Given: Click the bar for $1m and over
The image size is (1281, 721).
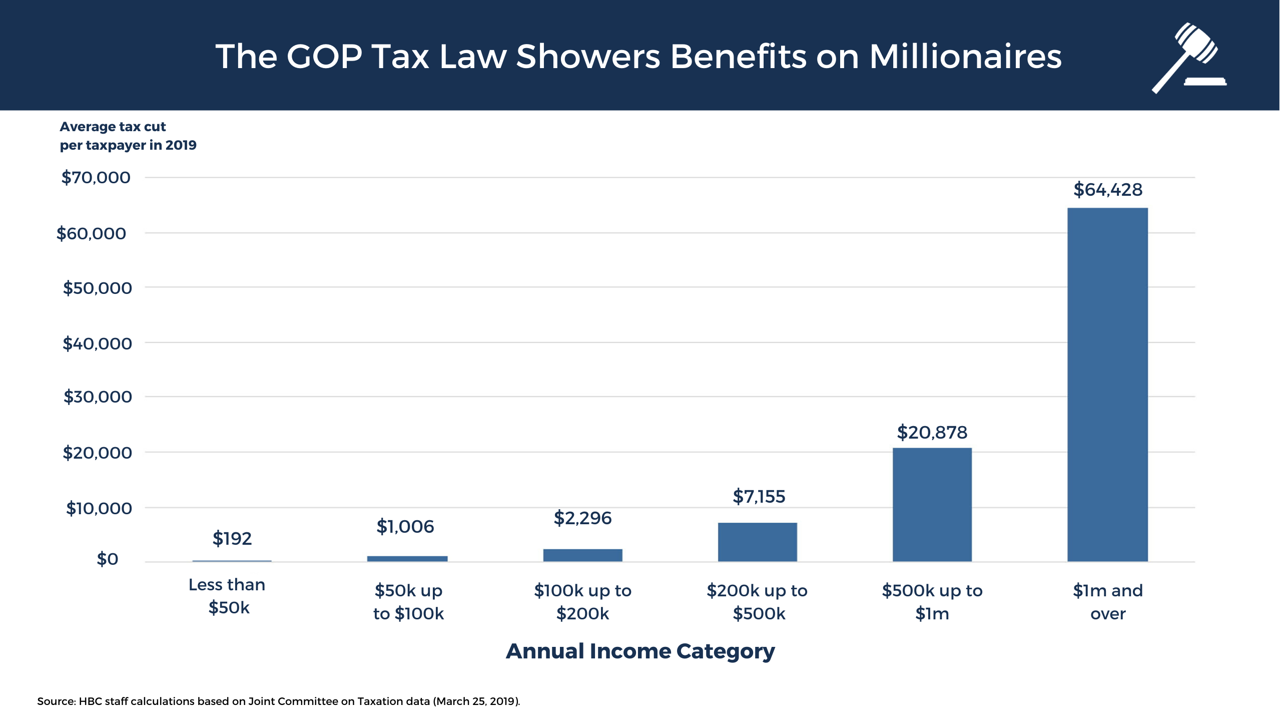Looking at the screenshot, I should (1107, 385).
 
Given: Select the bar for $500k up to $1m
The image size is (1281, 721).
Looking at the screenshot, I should (932, 505).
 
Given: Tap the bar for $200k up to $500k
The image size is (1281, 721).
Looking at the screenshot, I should (757, 542).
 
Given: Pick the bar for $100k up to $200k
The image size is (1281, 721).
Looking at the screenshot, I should (582, 555).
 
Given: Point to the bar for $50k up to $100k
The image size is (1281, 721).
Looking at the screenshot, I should (407, 559).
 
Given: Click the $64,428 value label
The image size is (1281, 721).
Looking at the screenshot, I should (1108, 190).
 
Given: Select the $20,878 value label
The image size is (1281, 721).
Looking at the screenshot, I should (932, 432).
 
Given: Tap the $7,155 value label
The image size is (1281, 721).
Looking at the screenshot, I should (759, 496).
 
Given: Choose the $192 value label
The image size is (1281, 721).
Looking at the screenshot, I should (232, 538).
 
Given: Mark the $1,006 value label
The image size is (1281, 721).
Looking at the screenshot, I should (405, 526).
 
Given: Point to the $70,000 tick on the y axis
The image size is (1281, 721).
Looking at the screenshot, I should (96, 177).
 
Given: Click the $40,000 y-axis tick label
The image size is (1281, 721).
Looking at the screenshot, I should (97, 343).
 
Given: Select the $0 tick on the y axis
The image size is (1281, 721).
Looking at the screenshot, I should (107, 559).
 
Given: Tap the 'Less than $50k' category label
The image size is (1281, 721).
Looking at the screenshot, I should (228, 596).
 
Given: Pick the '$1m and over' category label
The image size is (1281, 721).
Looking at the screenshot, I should (1108, 602).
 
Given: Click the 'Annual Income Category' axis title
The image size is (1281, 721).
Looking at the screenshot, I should (640, 651).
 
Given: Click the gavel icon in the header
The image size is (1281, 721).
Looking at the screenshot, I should (1188, 58).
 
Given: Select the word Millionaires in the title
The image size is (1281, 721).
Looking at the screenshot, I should (965, 56).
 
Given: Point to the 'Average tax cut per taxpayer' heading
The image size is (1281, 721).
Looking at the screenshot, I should (128, 136).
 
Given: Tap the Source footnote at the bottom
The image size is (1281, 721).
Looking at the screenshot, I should (278, 701).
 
